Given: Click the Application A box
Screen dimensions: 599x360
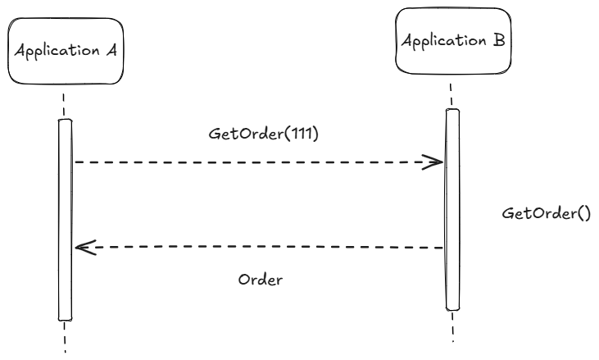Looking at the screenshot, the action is point(66,51).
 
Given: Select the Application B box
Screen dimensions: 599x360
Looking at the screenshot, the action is point(453,41).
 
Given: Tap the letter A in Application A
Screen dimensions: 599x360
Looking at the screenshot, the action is point(111,50).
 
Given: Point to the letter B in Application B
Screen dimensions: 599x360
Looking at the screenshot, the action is point(499,39).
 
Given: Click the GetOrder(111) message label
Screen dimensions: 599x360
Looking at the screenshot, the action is point(263,134).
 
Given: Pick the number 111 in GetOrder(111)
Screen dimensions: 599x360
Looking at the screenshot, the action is point(299,134).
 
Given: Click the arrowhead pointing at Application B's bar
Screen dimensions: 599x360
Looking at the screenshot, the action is point(433,162).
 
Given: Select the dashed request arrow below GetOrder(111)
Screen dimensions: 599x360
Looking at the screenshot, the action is point(259,162).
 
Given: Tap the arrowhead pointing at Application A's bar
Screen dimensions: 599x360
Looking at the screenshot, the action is point(85,248).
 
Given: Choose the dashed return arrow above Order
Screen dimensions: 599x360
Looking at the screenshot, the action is point(259,248).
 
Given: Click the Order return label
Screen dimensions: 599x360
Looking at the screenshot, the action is point(261,280).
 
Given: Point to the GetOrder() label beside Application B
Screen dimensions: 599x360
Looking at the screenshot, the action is point(547,213).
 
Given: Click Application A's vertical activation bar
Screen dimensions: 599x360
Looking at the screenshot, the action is point(65,220).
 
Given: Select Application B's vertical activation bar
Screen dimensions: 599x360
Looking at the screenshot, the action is point(452,209).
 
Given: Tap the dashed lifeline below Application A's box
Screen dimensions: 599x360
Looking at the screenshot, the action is point(63,105).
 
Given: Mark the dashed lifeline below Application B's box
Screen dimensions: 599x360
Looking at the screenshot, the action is point(452,95).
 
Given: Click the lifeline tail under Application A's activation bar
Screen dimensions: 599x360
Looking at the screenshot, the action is point(65,337).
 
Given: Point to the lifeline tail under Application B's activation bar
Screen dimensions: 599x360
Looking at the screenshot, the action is point(452,326).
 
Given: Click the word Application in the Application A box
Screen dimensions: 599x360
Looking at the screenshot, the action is point(57,51).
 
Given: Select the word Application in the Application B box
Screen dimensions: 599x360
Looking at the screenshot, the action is point(444,41).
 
